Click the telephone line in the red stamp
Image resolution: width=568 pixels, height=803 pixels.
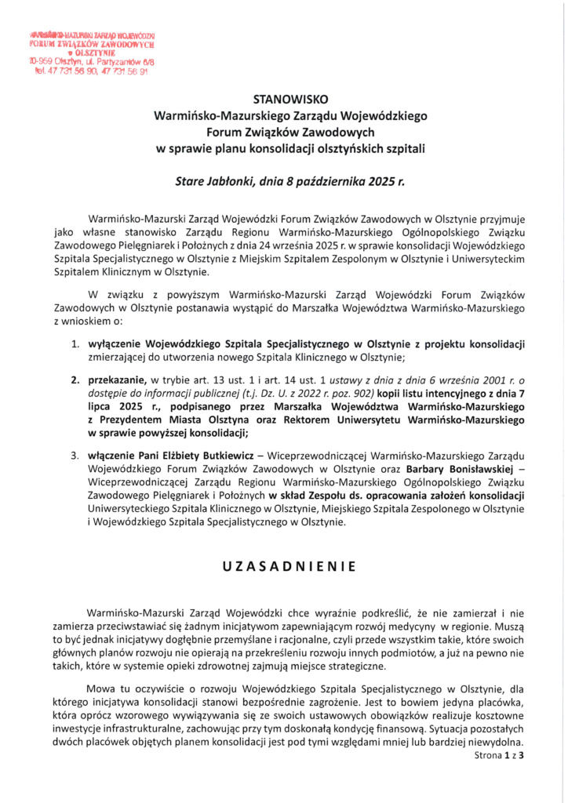click(91, 71)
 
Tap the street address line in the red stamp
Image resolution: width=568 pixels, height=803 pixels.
click(92, 60)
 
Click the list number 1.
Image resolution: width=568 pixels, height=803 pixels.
click(75, 343)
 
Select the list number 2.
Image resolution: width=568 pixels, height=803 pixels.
click(75, 380)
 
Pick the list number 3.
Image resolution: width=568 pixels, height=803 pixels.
click(75, 456)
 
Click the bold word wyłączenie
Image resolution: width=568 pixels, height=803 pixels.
click(118, 343)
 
